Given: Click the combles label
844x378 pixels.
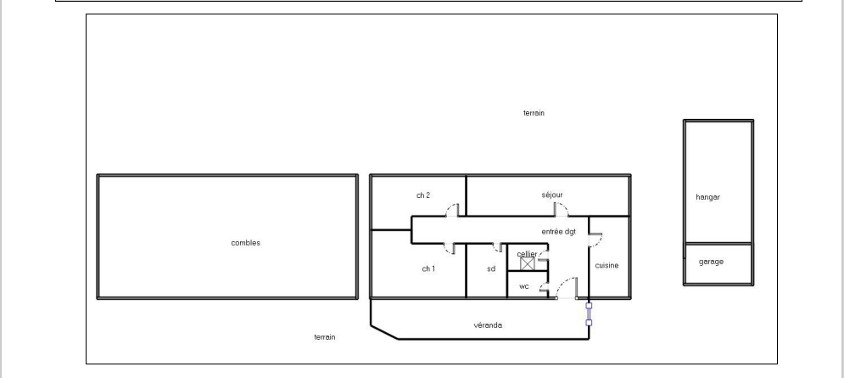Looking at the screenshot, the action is [x=245, y=243].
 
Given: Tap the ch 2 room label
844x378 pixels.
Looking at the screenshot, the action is [x=423, y=195].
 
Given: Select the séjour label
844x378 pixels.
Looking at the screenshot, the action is [x=552, y=195].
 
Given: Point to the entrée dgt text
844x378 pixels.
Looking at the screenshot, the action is [x=559, y=232].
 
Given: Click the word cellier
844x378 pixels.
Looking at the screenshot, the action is [x=527, y=254].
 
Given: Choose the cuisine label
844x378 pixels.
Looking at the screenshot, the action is [x=606, y=265].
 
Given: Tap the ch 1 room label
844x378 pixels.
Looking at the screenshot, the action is [x=428, y=268].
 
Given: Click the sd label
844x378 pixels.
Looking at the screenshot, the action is [x=491, y=268].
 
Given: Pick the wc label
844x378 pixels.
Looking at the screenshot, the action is [x=523, y=287].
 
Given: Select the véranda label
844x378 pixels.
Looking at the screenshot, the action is [x=488, y=325].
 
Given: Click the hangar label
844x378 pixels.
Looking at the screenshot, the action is [x=707, y=197].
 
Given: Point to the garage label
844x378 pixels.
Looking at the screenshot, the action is [x=711, y=262].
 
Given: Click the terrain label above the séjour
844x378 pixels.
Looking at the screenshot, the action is [x=534, y=113].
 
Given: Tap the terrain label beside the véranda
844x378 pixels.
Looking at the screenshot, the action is [x=325, y=337].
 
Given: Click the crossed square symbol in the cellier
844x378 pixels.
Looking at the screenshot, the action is [x=528, y=263].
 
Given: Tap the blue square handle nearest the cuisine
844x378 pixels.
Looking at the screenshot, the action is [x=589, y=306].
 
